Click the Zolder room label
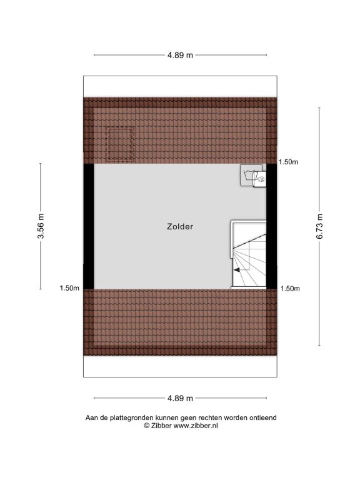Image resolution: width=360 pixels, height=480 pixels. [180, 226]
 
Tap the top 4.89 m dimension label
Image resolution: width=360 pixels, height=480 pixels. [180, 55]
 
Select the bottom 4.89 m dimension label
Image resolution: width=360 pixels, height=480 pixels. [180, 398]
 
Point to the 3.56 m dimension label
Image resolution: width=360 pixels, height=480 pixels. [41, 226]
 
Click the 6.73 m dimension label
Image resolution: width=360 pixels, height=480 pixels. [319, 226]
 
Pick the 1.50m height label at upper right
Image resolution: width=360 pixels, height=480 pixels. [288, 162]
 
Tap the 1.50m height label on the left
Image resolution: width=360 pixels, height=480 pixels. [69, 288]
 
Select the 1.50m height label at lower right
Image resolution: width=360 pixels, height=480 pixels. [290, 288]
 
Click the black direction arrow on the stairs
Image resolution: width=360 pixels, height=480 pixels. [237, 270]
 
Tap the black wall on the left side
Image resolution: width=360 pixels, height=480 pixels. [89, 226]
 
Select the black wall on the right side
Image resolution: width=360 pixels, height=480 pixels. [271, 226]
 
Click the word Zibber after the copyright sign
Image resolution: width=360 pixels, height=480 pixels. [161, 426]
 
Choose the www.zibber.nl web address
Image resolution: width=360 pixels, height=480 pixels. [196, 426]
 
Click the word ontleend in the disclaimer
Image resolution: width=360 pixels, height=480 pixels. [263, 417]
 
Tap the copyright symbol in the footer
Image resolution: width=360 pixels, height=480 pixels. [147, 426]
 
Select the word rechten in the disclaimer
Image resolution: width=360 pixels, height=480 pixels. [210, 417]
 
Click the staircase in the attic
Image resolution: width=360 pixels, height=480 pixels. [248, 255]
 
